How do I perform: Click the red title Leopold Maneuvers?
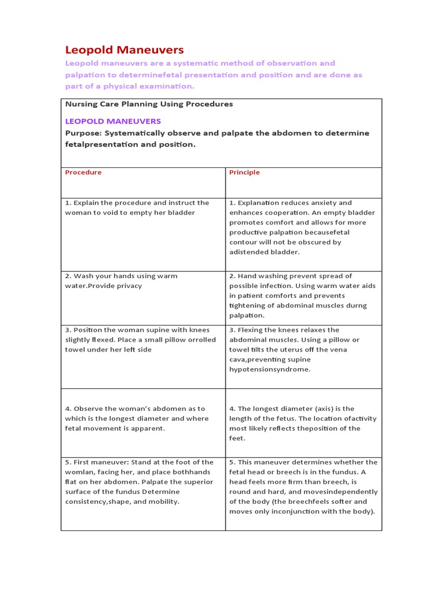[124, 50]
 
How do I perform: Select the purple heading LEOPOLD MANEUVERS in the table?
[112, 121]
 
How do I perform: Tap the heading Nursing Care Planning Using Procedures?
[149, 104]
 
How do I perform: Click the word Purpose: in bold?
[83, 133]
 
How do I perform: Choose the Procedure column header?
[83, 172]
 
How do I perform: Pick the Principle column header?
[245, 172]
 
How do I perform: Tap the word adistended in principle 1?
[248, 252]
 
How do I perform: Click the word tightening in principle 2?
[248, 305]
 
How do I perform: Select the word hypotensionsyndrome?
[269, 369]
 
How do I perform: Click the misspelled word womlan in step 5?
[78, 472]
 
